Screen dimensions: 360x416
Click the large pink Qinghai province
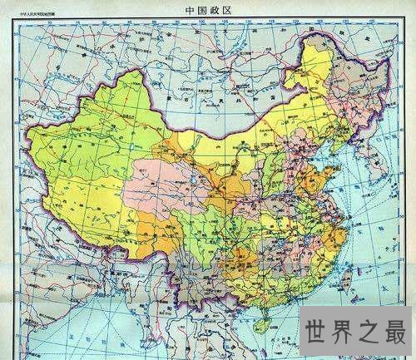click(x=158, y=187)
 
